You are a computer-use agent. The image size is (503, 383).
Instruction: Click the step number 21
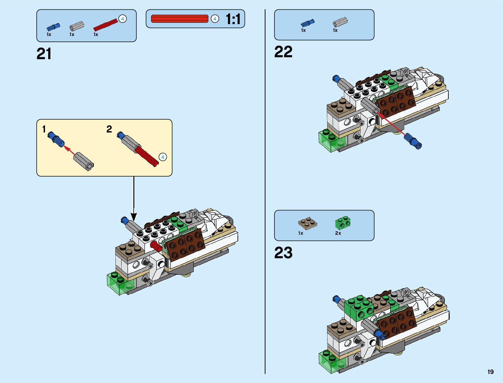click(x=44, y=54)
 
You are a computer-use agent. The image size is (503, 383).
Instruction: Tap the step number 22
click(x=283, y=52)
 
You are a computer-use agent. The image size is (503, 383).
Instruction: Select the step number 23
click(x=283, y=253)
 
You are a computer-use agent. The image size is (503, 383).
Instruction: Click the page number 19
click(x=490, y=372)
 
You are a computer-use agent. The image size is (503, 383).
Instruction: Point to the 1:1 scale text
click(x=233, y=19)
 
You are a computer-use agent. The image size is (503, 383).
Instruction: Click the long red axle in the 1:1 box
click(x=180, y=19)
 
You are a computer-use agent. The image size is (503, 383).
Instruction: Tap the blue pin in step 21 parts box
click(x=53, y=27)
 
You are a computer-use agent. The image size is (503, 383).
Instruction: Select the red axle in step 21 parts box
click(x=105, y=25)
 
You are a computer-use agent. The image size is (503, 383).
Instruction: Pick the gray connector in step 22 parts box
click(x=340, y=22)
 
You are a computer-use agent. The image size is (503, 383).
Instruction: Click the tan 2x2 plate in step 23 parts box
click(x=308, y=223)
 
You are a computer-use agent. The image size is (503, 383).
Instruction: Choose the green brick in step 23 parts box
click(x=343, y=223)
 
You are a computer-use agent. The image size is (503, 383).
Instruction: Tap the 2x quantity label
click(x=338, y=233)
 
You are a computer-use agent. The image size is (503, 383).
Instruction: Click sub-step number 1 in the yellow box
click(x=44, y=129)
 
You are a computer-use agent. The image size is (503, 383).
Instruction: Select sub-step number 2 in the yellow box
click(x=109, y=129)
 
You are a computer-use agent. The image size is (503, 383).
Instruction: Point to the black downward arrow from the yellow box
click(x=134, y=199)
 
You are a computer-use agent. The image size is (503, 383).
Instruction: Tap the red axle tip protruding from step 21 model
click(x=156, y=245)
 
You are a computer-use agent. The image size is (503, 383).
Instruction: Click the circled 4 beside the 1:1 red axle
click(x=215, y=19)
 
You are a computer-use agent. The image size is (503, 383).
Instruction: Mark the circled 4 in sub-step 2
click(x=163, y=157)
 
